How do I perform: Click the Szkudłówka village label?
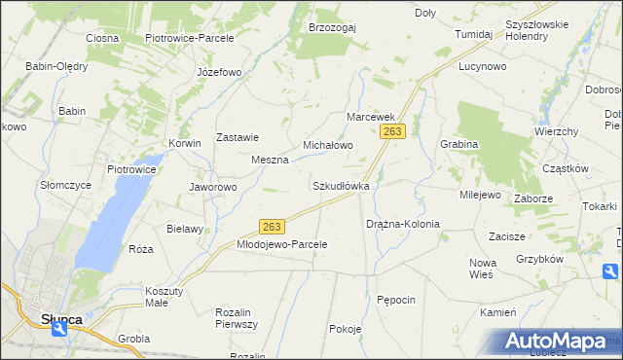(x=340, y=185)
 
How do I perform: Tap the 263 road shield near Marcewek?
(x=393, y=130)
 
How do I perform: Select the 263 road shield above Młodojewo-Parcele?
(x=272, y=227)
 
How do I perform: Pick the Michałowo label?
(x=327, y=145)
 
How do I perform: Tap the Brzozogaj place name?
(x=332, y=27)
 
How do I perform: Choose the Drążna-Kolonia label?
(x=402, y=224)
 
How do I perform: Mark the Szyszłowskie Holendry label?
(x=540, y=30)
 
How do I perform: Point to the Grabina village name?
(x=458, y=144)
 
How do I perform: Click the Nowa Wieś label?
(x=482, y=270)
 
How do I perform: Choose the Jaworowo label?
(x=212, y=187)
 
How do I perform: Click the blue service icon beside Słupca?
(x=61, y=330)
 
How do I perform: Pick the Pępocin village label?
(x=396, y=300)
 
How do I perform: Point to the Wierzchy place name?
(x=556, y=131)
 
